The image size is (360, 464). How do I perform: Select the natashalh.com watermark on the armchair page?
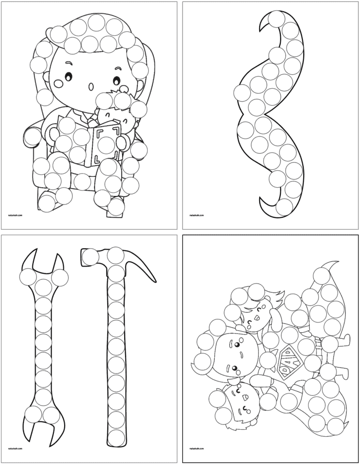(15, 216)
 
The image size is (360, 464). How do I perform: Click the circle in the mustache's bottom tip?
(284, 206)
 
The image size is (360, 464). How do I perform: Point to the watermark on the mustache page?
(195, 216)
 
